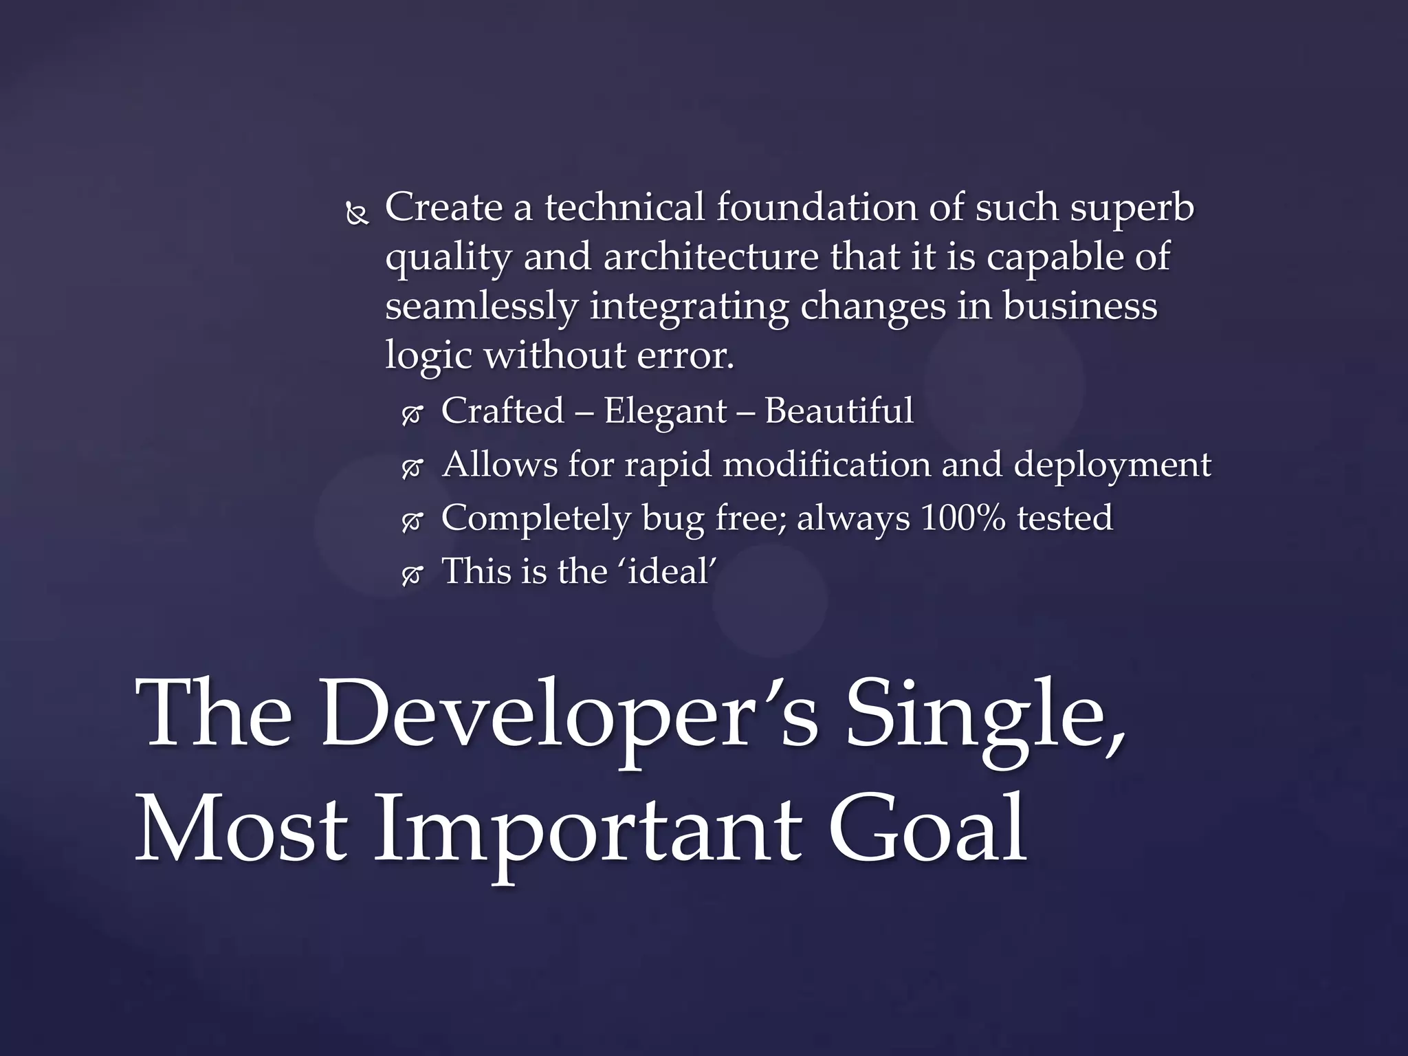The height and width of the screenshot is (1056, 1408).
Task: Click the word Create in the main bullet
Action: pos(443,207)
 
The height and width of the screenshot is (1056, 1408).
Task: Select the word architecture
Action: pos(711,257)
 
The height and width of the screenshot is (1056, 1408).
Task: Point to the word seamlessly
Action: pos(481,307)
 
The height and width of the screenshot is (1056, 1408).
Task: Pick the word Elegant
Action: pos(665,411)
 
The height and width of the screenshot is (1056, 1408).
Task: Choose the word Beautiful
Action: pos(839,411)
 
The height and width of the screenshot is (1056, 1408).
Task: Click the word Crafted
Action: pos(503,411)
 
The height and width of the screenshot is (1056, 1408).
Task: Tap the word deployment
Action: pos(1112,465)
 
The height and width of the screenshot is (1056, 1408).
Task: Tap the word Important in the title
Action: pos(588,828)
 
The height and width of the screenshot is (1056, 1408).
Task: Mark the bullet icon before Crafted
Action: pos(412,416)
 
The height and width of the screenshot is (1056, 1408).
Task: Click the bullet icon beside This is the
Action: pos(412,576)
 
